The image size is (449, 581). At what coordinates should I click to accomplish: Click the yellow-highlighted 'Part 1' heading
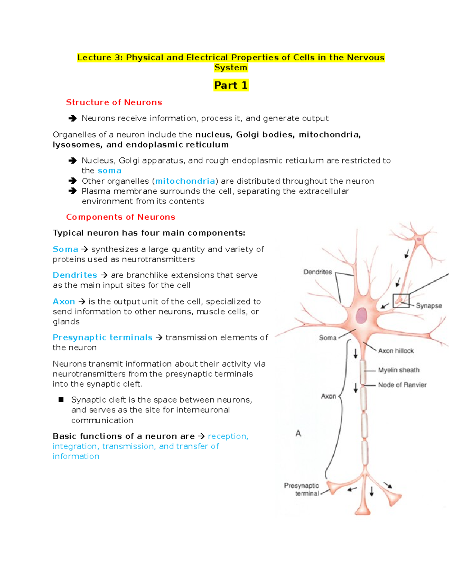230,85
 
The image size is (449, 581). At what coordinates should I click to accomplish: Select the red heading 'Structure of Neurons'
114,103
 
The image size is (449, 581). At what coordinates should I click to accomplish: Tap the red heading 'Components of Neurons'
120,217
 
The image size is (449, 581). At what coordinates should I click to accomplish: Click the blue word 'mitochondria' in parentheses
185,181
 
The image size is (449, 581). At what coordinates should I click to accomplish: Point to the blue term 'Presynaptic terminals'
103,337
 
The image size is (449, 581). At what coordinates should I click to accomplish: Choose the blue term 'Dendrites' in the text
75,275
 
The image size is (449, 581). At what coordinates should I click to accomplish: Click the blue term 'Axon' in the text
64,302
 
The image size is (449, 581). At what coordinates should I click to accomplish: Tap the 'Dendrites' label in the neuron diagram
318,272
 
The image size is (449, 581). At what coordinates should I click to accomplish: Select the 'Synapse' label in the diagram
429,306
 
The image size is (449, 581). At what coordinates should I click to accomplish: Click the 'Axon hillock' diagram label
396,351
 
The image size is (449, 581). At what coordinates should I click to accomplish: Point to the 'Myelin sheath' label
398,370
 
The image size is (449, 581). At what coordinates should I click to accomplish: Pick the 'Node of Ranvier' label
402,385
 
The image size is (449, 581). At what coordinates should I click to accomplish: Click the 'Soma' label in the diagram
328,338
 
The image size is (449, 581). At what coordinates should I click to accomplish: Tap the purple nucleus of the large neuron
361,315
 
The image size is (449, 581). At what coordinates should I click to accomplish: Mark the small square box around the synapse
401,301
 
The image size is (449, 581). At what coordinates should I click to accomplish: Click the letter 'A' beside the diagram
298,434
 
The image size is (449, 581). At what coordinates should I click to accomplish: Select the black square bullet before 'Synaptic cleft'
61,400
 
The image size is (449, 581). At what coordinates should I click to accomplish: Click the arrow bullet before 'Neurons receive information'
72,119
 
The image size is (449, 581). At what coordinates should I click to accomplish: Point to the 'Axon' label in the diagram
329,396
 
